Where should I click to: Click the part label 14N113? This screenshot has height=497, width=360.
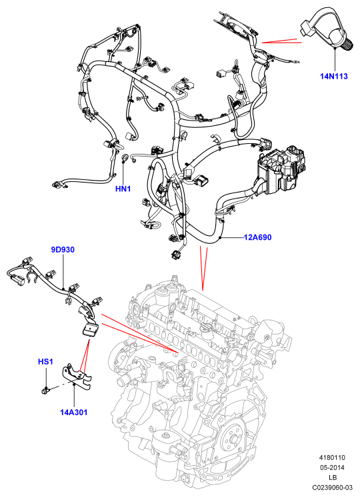click(x=334, y=76)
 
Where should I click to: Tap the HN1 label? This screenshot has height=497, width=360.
click(x=123, y=189)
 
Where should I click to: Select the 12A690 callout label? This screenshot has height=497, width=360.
click(x=257, y=237)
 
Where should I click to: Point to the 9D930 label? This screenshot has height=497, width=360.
click(x=63, y=250)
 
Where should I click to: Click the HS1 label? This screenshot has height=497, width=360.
click(x=45, y=361)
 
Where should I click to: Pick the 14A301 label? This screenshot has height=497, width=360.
click(x=73, y=412)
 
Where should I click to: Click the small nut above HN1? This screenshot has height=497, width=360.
click(x=125, y=157)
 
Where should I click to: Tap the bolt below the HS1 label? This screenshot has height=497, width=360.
click(x=45, y=391)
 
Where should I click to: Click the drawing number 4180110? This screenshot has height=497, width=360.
click(x=332, y=458)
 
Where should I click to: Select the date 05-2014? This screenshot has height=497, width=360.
click(x=332, y=467)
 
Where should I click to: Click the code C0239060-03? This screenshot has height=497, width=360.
click(x=332, y=487)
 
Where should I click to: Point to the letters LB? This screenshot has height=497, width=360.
click(x=333, y=478)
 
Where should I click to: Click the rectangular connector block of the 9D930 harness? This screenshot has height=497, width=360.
click(x=90, y=330)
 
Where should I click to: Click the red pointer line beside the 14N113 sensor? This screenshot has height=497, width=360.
click(x=281, y=41)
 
